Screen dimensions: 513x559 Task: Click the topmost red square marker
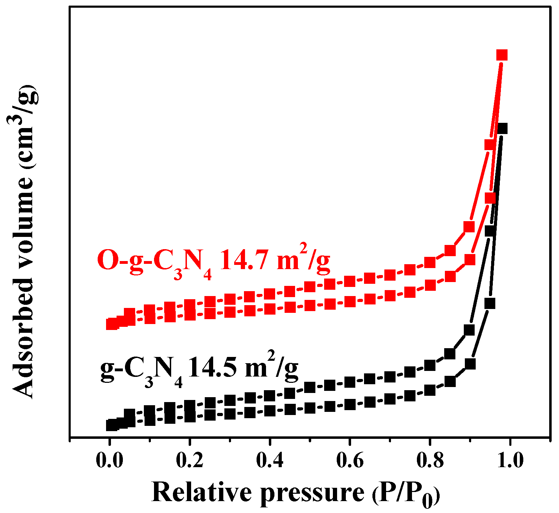coord(502,55)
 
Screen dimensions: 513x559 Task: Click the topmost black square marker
coord(502,128)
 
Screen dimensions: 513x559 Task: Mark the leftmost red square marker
coord(111,324)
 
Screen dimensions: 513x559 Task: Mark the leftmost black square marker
coord(111,425)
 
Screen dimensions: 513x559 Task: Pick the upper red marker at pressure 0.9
coord(469,227)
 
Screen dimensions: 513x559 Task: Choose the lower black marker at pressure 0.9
coord(470,364)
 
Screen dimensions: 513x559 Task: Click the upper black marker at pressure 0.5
coord(310,387)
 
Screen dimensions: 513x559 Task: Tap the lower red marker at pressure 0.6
coord(350,302)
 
